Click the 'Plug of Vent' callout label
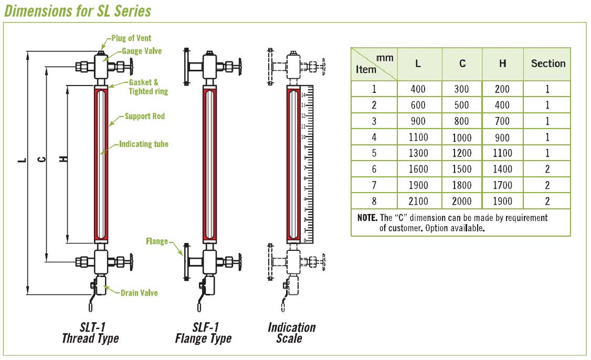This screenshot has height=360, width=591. coord(131,38)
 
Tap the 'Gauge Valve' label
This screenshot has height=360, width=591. coord(142,51)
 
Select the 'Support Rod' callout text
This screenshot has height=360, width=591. coord(144,116)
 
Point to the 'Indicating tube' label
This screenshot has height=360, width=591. coord(143,143)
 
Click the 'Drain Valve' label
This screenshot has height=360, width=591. coord(139,293)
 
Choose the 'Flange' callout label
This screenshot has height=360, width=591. coord(157,241)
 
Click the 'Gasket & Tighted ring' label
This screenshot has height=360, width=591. coord(148,87)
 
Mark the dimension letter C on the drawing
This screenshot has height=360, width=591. coord(43,159)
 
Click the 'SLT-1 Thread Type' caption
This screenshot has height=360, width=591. coord(90,332)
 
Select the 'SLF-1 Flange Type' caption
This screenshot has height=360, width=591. coord(203,332)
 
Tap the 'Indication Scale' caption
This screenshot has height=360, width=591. coord(291,332)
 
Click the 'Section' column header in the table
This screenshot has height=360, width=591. coord(548,63)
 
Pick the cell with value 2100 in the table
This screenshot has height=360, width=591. coord(418,200)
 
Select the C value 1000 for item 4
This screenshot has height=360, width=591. coord(462,137)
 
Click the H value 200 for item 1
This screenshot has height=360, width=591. coord(502,89)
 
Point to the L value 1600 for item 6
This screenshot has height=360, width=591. coord(418,169)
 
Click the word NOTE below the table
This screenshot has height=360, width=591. coord(367,217)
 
